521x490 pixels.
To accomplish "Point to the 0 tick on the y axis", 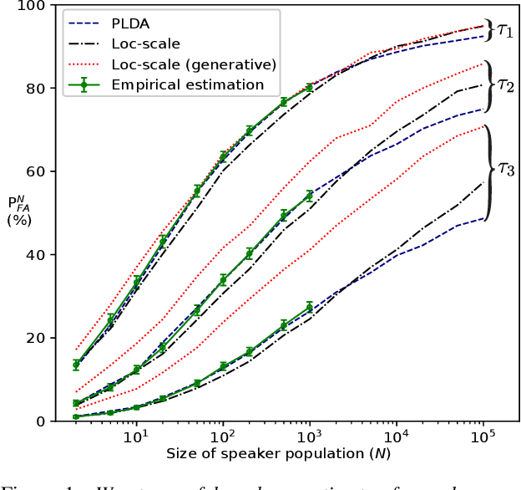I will click(x=39, y=421).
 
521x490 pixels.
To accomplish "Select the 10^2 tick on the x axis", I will click(x=222, y=438).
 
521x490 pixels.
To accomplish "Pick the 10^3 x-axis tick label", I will click(x=309, y=438).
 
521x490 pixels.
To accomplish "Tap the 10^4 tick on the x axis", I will click(x=396, y=438).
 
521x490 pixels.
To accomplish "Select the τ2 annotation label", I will click(x=506, y=84).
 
